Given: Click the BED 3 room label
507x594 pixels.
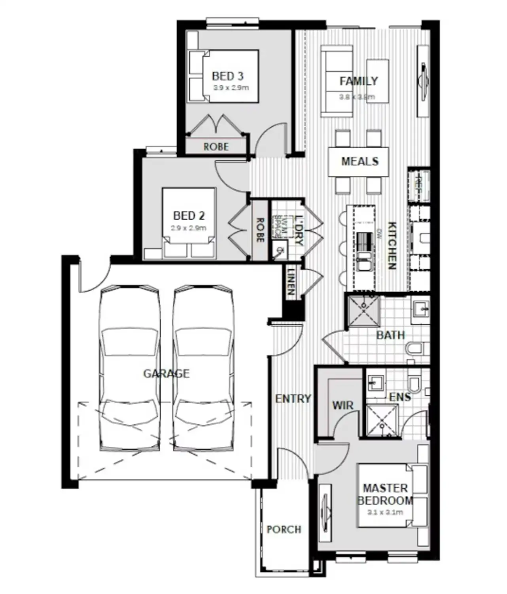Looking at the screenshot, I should pyautogui.click(x=227, y=76).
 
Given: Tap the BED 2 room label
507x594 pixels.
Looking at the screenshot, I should pyautogui.click(x=189, y=216).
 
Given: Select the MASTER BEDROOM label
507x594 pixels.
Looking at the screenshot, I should pyautogui.click(x=385, y=494).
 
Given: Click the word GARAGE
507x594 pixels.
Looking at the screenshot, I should pyautogui.click(x=166, y=373).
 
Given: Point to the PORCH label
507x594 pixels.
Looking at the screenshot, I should pyautogui.click(x=284, y=529).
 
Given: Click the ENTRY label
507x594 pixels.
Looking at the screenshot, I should pyautogui.click(x=293, y=398).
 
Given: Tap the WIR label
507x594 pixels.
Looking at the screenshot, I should pyautogui.click(x=342, y=405).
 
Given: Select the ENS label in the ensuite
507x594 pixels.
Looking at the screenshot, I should pyautogui.click(x=399, y=397).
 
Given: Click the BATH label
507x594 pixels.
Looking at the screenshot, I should pyautogui.click(x=390, y=335).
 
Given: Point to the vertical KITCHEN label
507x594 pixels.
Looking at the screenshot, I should pyautogui.click(x=391, y=246).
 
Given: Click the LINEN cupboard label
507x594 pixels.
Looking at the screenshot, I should pyautogui.click(x=291, y=282).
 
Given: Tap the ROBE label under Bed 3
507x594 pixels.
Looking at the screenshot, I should pyautogui.click(x=216, y=147).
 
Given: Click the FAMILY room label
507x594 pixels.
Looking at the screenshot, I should pyautogui.click(x=359, y=81).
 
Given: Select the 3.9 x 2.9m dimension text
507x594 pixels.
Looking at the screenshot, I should pyautogui.click(x=231, y=88).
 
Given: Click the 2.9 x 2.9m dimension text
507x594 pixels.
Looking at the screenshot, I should pyautogui.click(x=189, y=228).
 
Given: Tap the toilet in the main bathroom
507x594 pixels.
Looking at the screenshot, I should pyautogui.click(x=415, y=349).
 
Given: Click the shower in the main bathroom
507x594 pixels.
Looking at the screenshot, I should pyautogui.click(x=363, y=311).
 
